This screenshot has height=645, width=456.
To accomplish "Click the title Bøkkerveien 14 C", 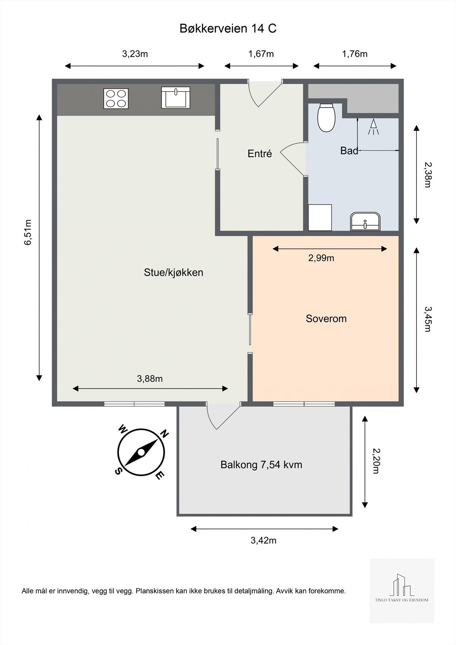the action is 228,29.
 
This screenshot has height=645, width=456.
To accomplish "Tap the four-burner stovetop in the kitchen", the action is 116,98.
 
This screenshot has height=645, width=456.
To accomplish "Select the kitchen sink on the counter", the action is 175,98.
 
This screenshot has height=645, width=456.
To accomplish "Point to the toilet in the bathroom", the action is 326,117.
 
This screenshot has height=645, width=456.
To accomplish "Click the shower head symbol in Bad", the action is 373,127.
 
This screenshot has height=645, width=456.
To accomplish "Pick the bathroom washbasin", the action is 365,221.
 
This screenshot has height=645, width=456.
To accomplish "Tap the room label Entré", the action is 260,154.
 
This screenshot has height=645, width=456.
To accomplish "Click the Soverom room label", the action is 326,318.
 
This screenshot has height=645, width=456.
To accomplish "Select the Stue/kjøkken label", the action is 173,273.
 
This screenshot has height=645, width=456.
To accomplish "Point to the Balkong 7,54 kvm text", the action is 261,465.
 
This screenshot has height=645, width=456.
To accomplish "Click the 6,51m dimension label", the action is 28,232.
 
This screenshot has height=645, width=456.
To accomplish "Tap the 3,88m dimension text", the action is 150,379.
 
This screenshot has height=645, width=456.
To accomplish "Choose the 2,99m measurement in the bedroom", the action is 321,258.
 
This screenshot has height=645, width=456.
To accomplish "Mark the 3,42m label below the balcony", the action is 264,541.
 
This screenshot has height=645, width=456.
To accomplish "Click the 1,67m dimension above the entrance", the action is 261,54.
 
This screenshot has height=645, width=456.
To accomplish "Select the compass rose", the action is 141,452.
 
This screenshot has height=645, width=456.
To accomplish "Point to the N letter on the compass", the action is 164,434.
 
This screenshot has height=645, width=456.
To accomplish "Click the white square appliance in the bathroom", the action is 320,217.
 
